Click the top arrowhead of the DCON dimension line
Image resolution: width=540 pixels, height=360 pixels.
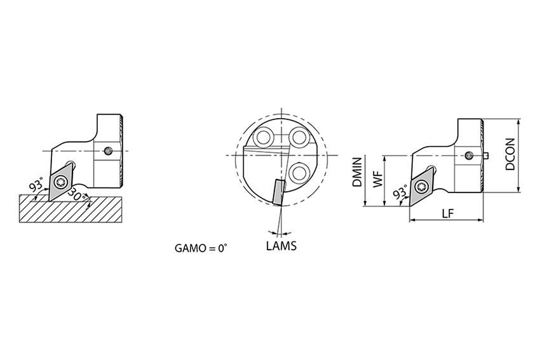point(518,121)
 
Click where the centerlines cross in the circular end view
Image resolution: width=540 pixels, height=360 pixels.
point(281,155)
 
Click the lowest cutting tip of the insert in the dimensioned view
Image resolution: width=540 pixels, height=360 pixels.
point(410,206)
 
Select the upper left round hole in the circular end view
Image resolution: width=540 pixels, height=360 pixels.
point(264,137)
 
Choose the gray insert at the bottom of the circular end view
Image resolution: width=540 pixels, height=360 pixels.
point(278,192)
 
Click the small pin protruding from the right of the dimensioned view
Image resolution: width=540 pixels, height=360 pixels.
point(486,156)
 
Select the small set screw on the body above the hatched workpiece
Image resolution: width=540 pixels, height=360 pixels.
point(109,151)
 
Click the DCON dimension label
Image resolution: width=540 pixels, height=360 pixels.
point(510,154)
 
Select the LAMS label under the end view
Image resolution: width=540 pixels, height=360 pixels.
point(281,246)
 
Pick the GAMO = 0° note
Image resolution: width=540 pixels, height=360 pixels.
point(201,248)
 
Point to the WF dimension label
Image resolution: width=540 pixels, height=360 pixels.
point(378,179)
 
